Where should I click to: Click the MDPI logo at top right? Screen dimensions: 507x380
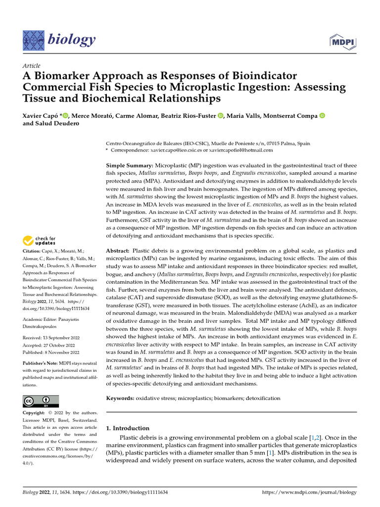(343, 41)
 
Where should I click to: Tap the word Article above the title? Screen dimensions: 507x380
(32, 66)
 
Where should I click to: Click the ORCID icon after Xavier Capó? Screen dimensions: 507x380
(66, 116)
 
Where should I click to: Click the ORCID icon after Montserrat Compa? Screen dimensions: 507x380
(322, 116)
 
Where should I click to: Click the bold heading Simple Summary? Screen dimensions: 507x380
(130, 164)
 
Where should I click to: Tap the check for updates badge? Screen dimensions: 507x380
(40, 241)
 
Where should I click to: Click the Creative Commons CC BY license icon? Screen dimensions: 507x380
(41, 401)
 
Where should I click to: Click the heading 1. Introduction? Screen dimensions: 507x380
(128, 428)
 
